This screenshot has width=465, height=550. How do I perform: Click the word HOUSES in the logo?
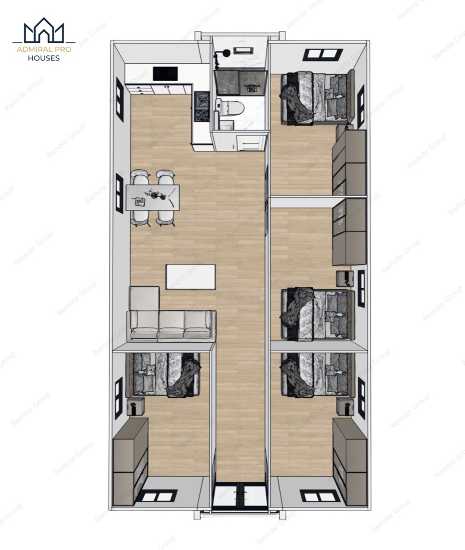(x=44, y=58)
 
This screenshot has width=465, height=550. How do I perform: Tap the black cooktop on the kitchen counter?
(x=165, y=74)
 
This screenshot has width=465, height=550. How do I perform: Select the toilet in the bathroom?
(x=230, y=107)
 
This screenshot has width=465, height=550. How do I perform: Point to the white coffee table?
(x=191, y=277)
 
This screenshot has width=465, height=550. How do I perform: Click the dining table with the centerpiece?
(x=153, y=198)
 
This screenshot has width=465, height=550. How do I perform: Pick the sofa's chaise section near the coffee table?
(x=144, y=299)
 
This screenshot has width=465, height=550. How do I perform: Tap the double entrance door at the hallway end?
(x=240, y=495)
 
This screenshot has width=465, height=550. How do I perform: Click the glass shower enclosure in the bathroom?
(x=239, y=82)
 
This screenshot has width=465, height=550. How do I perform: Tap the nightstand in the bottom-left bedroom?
(x=136, y=407)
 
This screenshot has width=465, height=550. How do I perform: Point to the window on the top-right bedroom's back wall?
(x=323, y=55)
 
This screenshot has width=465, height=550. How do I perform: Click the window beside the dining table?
(x=120, y=193)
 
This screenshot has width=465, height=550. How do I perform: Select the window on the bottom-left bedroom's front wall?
(x=157, y=496)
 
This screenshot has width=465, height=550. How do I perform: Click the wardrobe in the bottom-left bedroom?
(x=131, y=466)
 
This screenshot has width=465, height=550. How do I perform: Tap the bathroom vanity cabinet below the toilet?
(x=252, y=143)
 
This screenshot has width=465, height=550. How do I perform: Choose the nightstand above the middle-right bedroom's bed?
(x=344, y=279)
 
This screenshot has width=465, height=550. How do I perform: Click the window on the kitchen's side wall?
(x=120, y=99)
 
